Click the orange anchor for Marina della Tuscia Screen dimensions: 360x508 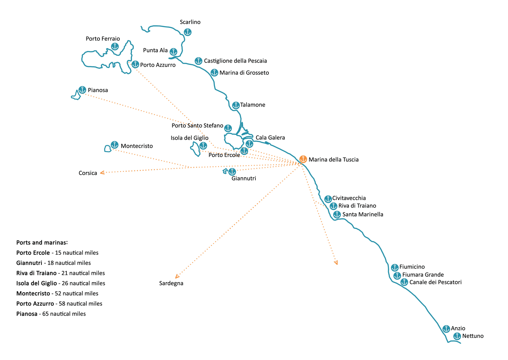(x=303, y=159)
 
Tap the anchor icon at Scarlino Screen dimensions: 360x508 (x=188, y=32)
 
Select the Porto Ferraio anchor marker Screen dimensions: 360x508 (x=115, y=46)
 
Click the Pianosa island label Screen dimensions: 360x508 (x=98, y=90)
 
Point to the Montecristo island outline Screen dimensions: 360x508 (x=108, y=149)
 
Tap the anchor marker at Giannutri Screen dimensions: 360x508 (x=232, y=172)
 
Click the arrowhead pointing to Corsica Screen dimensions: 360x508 (x=102, y=173)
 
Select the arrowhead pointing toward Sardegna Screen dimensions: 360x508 (x=177, y=276)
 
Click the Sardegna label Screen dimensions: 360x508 (x=171, y=283)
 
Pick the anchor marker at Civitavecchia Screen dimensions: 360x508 (x=328, y=199)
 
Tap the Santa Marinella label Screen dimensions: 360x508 (x=363, y=214)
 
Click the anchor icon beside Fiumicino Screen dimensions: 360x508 (x=395, y=267)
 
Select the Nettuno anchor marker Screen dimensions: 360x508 (x=457, y=336)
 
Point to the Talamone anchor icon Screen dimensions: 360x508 (x=236, y=105)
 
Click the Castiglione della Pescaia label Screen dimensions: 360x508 (x=235, y=61)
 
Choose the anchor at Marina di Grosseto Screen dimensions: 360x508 (x=214, y=72)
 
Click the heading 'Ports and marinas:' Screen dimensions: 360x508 (x=42, y=242)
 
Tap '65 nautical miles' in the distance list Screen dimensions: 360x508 (x=64, y=314)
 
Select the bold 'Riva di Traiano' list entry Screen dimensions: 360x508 (x=36, y=273)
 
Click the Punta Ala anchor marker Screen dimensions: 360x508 (x=173, y=51)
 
